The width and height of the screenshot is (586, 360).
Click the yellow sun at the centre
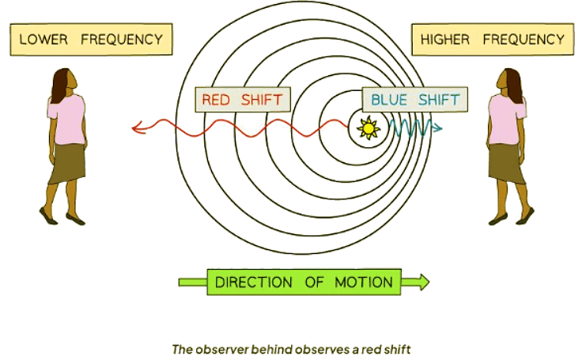[x=367, y=127]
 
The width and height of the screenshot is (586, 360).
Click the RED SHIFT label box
[x=242, y=100]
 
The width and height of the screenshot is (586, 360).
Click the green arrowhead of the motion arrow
[x=422, y=282]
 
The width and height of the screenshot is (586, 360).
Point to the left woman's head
[x=64, y=80]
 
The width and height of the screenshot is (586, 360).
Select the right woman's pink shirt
[x=505, y=119]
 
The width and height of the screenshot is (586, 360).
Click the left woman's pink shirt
[x=68, y=119]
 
